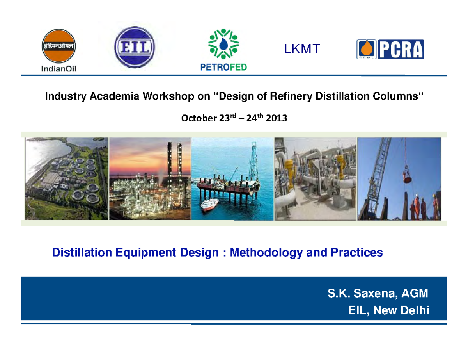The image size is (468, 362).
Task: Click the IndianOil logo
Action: pyautogui.click(x=59, y=51)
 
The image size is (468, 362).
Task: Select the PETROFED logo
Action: pyautogui.click(x=223, y=50)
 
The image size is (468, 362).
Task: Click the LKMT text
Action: pyautogui.click(x=302, y=49)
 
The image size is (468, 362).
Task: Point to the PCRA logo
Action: pyautogui.click(x=390, y=50)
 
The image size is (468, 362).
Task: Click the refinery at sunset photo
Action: pyautogui.click(x=150, y=178)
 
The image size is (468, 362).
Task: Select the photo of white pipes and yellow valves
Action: pyautogui.click(x=316, y=178)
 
